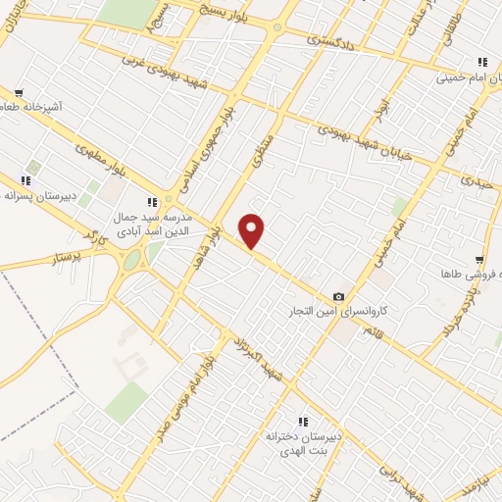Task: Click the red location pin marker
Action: coord(252,230)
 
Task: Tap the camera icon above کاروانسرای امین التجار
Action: coord(339,296)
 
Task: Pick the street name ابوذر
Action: coord(382,104)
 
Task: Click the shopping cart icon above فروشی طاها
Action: coord(478,260)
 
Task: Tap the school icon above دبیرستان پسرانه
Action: coord(26,179)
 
